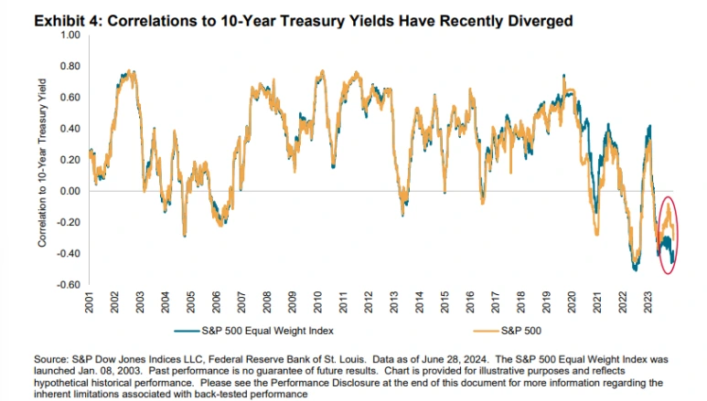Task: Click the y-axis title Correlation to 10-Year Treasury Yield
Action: [x=42, y=162]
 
